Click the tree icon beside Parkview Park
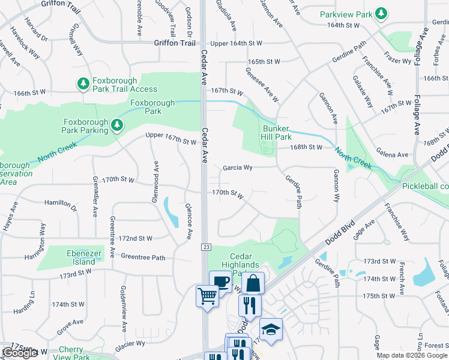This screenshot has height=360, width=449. [380, 13]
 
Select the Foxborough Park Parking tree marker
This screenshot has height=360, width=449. [118, 125]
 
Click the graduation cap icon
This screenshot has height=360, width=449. [271, 329]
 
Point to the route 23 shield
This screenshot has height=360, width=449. [205, 247]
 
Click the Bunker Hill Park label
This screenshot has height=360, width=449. [276, 133]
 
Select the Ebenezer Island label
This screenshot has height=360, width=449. [79, 257]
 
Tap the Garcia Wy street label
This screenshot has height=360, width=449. [237, 168]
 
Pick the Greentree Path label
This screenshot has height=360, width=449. [143, 257]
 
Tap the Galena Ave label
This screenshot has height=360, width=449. [392, 155]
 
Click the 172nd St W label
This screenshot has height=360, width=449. [135, 238]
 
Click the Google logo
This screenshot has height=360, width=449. [20, 353]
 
